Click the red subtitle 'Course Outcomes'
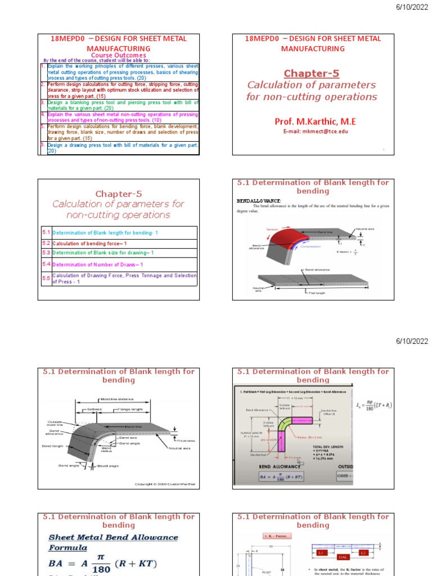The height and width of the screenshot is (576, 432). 119,55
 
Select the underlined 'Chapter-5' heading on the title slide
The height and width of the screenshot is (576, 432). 312,73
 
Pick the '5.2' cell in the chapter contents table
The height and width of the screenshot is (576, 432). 46,243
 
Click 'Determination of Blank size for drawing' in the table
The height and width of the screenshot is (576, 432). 102,253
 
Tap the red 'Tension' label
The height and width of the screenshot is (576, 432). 272,229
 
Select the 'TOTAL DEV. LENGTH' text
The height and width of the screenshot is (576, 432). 332,447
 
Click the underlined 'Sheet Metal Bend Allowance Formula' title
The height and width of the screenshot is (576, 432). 112,542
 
